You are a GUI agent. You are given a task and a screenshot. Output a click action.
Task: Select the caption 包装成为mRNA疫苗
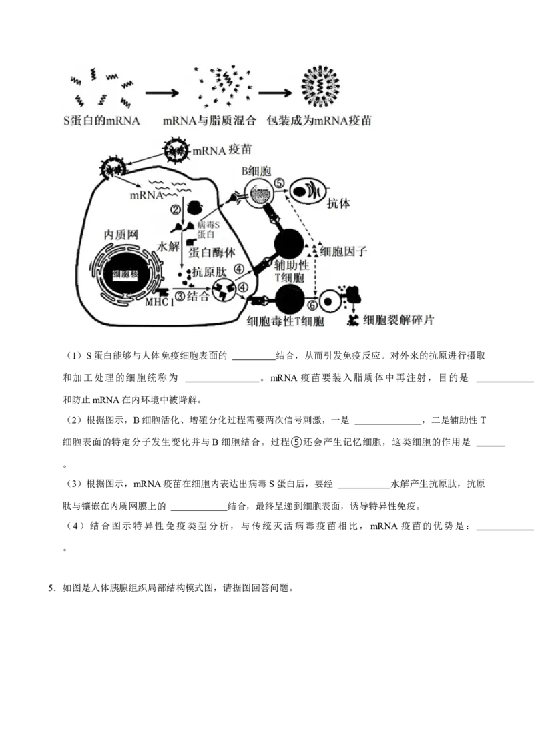point(319,121)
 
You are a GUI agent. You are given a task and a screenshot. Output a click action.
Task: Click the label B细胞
point(257,171)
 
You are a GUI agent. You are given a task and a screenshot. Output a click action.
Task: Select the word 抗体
point(338,204)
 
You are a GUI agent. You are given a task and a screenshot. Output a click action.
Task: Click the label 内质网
point(121,235)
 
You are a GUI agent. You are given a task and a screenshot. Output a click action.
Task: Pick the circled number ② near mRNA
point(176,209)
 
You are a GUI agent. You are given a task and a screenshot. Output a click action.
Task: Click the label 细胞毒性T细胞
point(286,321)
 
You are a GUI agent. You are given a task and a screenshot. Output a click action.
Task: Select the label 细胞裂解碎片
point(399,321)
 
